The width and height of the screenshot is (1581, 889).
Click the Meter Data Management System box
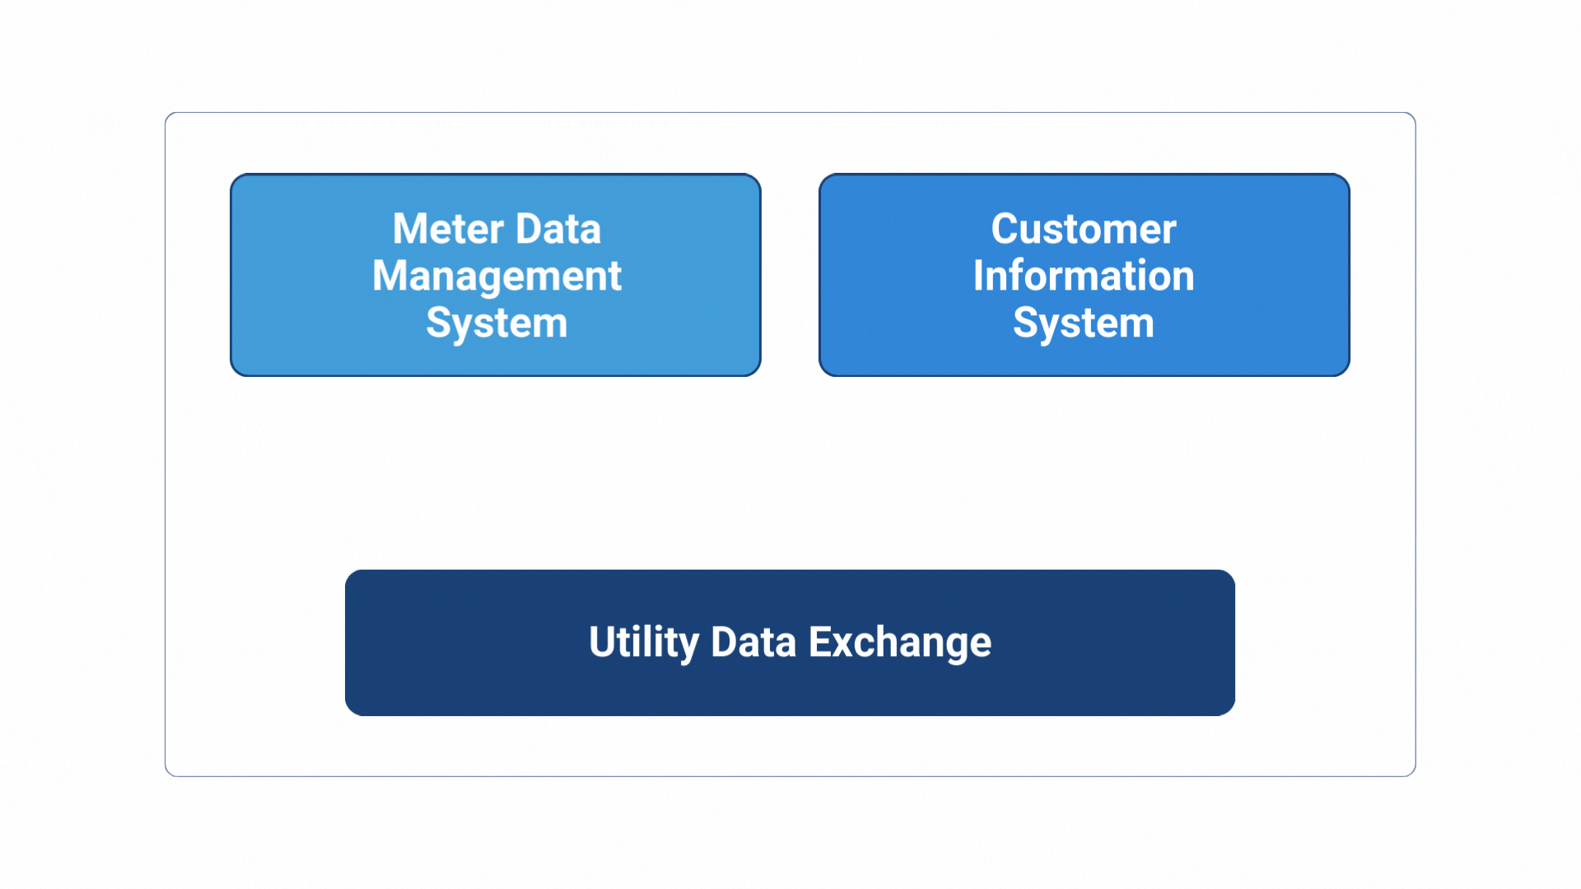point(496,275)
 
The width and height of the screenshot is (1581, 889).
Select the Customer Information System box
point(1084,275)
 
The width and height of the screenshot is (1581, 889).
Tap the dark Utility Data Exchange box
point(790,643)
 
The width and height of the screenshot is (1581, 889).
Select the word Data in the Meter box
point(558,229)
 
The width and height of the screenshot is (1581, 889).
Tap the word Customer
point(1084,229)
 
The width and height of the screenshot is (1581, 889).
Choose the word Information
point(1084,276)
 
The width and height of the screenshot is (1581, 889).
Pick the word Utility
point(644,643)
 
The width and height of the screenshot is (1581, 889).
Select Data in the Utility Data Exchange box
point(753,642)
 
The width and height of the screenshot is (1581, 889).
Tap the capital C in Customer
point(1005,229)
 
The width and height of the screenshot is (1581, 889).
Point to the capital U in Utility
point(604,642)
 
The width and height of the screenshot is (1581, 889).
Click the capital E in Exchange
point(820,642)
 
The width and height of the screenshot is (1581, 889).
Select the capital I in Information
point(979,276)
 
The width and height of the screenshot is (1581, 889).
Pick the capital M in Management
point(390,276)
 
